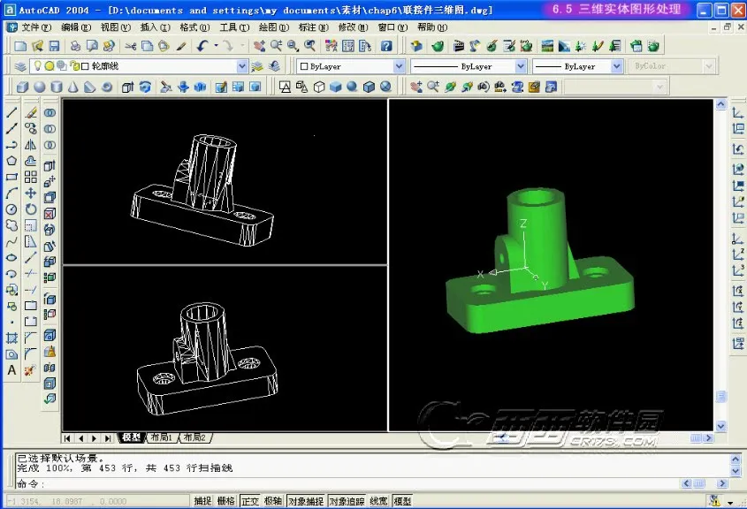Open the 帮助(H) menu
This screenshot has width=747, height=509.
pyautogui.click(x=432, y=27)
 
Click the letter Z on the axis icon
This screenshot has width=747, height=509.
pyautogui.click(x=523, y=225)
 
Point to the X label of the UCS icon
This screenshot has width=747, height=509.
pyautogui.click(x=480, y=274)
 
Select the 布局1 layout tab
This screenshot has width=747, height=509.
pyautogui.click(x=161, y=437)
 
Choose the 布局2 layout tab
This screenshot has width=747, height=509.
pyautogui.click(x=194, y=437)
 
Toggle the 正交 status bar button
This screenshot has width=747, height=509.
pyautogui.click(x=250, y=501)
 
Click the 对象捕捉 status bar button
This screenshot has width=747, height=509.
pyautogui.click(x=305, y=501)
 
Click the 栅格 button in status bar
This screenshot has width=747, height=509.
pyautogui.click(x=226, y=501)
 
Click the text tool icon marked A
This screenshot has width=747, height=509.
pyautogui.click(x=11, y=370)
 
